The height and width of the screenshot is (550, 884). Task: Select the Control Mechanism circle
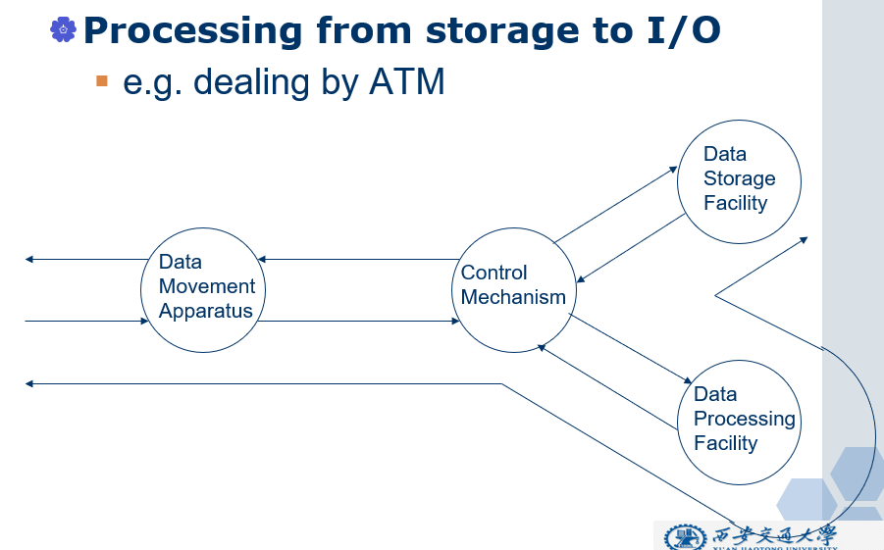click(514, 290)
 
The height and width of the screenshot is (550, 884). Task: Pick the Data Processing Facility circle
click(740, 422)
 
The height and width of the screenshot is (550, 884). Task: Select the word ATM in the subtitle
click(406, 82)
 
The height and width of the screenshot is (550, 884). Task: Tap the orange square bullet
click(101, 80)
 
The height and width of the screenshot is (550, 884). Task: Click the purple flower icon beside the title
click(63, 29)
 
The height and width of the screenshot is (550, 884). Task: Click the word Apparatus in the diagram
click(206, 312)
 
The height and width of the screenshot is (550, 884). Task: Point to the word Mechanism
click(513, 297)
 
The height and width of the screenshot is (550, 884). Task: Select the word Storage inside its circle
click(739, 178)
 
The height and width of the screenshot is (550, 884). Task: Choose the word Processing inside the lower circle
click(744, 419)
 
